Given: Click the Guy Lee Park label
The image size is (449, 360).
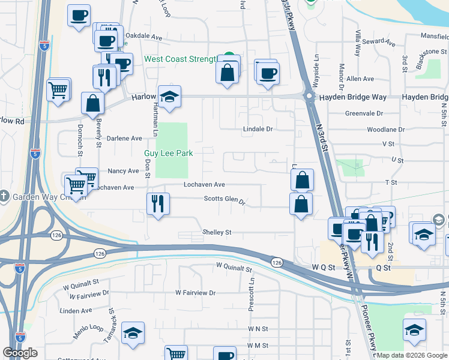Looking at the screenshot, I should click(x=168, y=153).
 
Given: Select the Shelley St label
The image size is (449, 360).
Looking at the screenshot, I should click(x=217, y=232).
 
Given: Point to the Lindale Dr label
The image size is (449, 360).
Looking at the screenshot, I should click(x=258, y=129).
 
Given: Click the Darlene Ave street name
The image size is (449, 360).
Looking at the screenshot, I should click(x=124, y=138).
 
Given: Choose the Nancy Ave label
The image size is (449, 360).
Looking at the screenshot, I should click(x=124, y=171).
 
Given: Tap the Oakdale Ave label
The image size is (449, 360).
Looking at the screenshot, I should click(x=147, y=37).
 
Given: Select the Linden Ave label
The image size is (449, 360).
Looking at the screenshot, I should click(x=76, y=311).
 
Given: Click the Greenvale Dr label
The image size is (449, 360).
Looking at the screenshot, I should click(x=364, y=113).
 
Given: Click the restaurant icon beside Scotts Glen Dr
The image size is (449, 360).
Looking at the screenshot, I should click(x=158, y=203).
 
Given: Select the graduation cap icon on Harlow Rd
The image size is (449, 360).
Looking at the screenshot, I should click(x=170, y=96).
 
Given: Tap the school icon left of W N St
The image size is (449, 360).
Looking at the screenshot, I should click(x=133, y=333).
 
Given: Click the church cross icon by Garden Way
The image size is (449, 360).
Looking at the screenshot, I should click(x=5, y=196).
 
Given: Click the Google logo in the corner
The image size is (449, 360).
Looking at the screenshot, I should click(x=20, y=353).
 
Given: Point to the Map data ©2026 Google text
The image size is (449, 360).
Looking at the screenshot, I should click(x=412, y=355).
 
